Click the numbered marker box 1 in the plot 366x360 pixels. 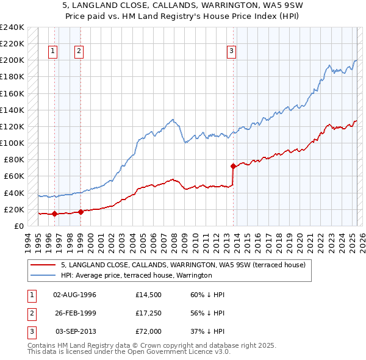(x=54, y=52)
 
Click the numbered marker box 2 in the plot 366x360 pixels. (x=79, y=52)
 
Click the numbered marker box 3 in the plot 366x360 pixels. (x=232, y=52)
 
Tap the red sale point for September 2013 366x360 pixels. (x=233, y=166)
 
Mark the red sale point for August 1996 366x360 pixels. (x=54, y=214)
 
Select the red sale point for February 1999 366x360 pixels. (x=81, y=212)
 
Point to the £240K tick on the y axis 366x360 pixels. (x=12, y=27)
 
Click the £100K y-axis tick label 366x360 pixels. (x=12, y=143)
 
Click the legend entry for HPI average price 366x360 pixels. (x=136, y=276)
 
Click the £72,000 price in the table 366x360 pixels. (x=148, y=331)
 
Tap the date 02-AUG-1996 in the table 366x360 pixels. (x=75, y=294)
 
